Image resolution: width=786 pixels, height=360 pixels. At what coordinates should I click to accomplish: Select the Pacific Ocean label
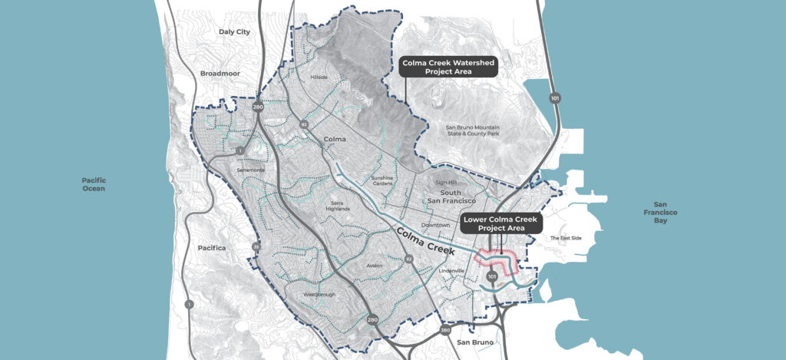[x=94, y=184]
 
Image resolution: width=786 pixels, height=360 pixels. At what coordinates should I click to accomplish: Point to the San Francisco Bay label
[x=662, y=213]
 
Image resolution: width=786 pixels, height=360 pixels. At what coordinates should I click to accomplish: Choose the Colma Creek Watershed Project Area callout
[x=449, y=66]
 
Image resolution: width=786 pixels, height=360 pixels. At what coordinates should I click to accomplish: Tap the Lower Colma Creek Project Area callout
[x=500, y=223]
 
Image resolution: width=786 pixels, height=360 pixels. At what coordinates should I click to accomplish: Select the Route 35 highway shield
[x=256, y=246]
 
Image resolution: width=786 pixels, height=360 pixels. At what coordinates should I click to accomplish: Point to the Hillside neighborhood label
[x=319, y=78]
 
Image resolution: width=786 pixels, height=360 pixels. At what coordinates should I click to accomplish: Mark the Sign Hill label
[x=446, y=183]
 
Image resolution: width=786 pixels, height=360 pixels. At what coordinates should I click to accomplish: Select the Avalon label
[x=375, y=266]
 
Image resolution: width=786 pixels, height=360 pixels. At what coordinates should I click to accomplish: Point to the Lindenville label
[x=452, y=271]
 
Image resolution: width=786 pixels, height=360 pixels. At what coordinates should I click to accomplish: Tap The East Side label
[x=566, y=238]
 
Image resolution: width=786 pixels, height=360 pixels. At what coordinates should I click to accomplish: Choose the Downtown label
[x=434, y=225]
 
